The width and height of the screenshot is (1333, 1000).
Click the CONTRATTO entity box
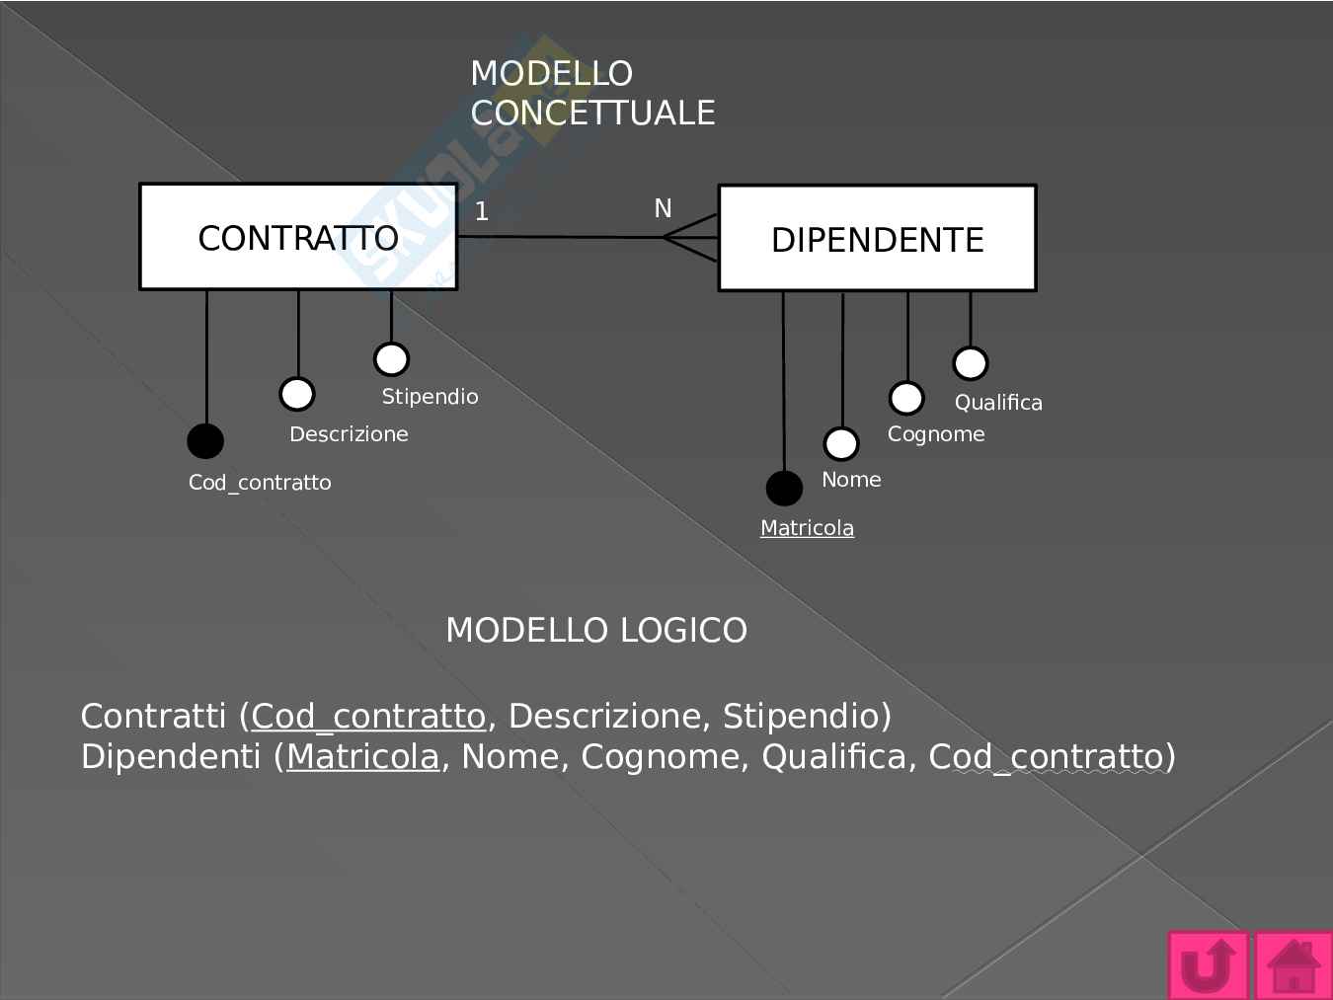tap(298, 237)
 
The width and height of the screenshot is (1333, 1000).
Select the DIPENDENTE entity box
tap(877, 239)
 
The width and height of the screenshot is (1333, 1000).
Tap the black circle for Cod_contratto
tap(205, 440)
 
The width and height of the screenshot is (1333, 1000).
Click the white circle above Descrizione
tap(296, 394)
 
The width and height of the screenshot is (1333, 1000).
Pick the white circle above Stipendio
tap(391, 359)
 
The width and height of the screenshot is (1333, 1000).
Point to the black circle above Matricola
tap(784, 488)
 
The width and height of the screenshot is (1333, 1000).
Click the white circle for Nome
tap(841, 443)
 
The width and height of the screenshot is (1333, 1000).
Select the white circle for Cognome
tap(906, 398)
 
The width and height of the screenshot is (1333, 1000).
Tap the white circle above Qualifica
tap(970, 363)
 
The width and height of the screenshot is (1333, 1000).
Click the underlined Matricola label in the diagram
tap(807, 528)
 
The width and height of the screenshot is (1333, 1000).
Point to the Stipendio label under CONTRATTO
tap(430, 397)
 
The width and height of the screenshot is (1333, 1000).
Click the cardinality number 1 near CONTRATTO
tap(481, 211)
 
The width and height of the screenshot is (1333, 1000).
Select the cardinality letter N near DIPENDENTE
tap(663, 208)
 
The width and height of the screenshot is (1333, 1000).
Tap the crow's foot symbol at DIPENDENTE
tap(691, 238)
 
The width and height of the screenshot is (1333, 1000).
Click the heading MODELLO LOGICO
tap(596, 630)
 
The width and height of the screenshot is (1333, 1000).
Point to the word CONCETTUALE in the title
tap(592, 113)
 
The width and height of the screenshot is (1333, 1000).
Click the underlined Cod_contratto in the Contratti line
tap(368, 716)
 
